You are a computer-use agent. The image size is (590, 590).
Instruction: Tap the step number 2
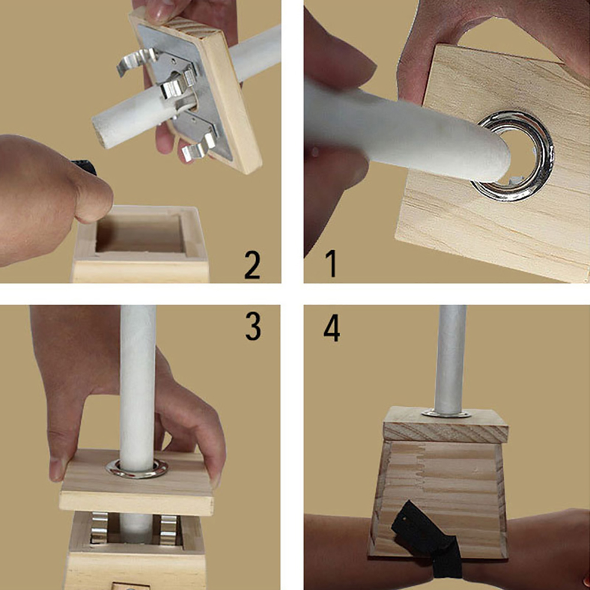(x=252, y=265)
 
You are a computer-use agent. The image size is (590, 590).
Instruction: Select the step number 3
(x=253, y=326)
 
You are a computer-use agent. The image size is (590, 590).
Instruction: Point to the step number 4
(x=332, y=328)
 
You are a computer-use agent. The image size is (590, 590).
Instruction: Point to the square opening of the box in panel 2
(x=140, y=233)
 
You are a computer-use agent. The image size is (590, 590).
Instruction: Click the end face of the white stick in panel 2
(x=98, y=133)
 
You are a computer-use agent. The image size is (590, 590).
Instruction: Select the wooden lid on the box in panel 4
(x=446, y=425)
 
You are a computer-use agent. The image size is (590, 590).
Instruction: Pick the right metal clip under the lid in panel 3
(x=168, y=529)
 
